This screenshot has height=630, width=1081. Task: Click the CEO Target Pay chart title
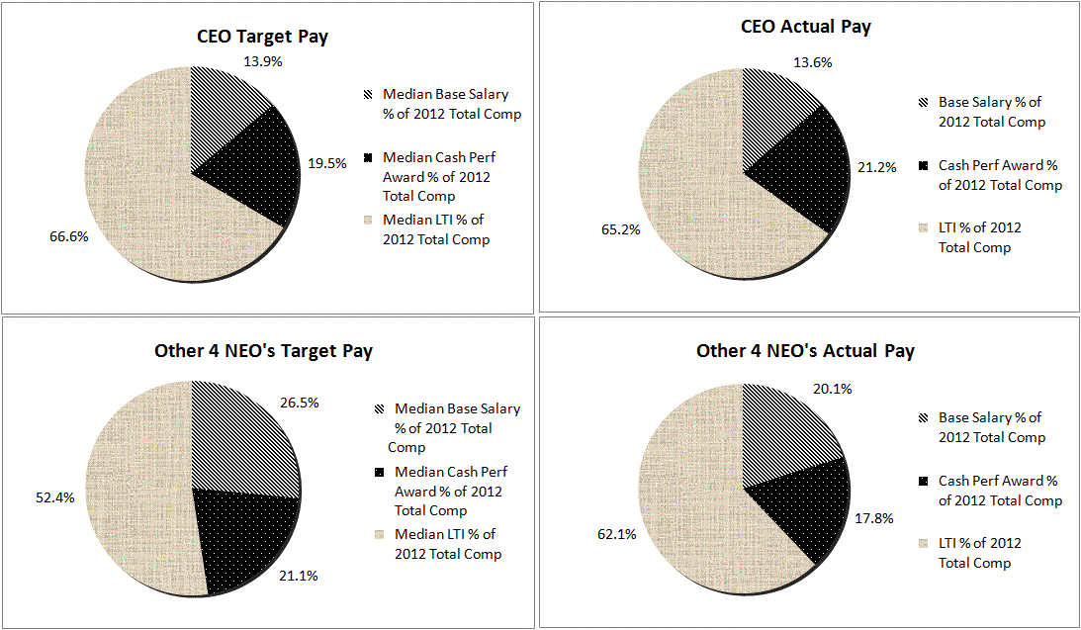point(261,37)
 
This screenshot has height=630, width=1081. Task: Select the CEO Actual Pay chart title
point(806,27)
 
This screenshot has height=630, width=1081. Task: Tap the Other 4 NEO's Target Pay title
point(263,351)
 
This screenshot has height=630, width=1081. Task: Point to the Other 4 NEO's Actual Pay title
point(805,351)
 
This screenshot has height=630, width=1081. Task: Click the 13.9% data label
point(262,60)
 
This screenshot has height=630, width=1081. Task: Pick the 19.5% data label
point(326,163)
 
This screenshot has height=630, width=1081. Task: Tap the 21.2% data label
point(876,167)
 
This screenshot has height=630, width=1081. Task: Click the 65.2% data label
point(620,229)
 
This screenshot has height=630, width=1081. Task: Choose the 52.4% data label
point(55,497)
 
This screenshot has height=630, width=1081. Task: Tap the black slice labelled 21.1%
point(247,539)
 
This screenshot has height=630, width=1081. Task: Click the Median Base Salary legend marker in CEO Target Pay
point(368,95)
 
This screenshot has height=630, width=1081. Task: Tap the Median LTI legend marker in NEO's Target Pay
point(379,535)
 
